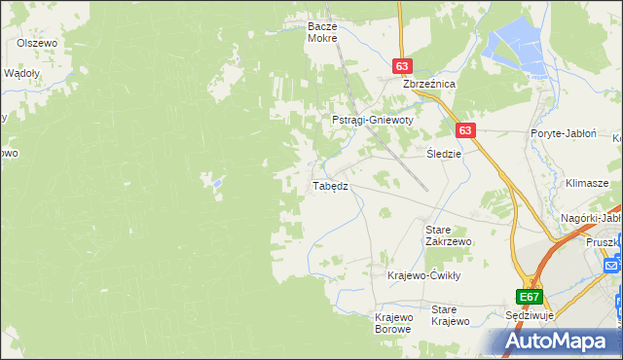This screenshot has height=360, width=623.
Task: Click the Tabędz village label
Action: (329, 185)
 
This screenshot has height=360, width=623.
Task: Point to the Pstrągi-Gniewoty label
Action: (373, 120)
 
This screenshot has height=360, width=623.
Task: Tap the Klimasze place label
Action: (586, 183)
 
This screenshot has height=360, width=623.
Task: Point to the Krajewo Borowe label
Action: (394, 322)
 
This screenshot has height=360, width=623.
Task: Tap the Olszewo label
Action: (38, 44)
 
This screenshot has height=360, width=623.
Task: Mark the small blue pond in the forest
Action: (216, 181)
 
